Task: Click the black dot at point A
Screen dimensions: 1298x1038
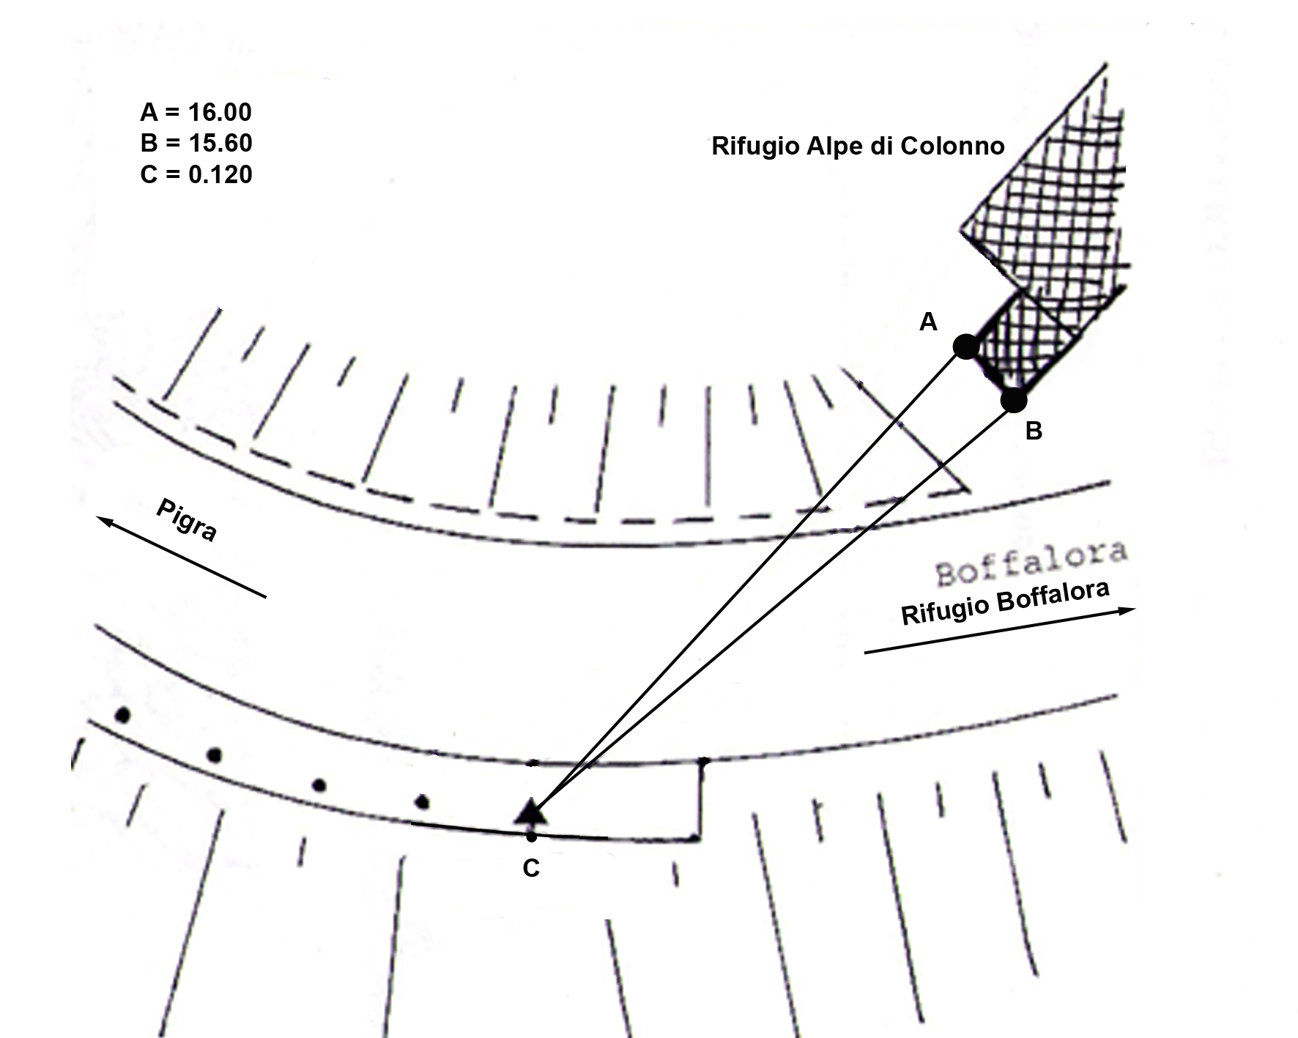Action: [966, 346]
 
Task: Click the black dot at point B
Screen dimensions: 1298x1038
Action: [1014, 400]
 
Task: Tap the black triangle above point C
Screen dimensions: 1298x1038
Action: [530, 812]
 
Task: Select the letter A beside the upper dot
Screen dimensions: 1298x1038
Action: [928, 322]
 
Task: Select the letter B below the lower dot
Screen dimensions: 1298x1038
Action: [1034, 431]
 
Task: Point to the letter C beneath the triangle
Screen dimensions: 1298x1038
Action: [531, 869]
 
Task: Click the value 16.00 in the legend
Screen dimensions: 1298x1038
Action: [220, 112]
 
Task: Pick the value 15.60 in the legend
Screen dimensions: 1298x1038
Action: [220, 143]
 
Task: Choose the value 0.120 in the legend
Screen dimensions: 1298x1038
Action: [220, 174]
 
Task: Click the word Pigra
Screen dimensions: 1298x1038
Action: [187, 520]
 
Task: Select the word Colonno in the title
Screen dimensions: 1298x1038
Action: [952, 147]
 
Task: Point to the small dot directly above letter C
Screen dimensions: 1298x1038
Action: [531, 836]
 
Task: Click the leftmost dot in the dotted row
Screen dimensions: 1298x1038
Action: [123, 714]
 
